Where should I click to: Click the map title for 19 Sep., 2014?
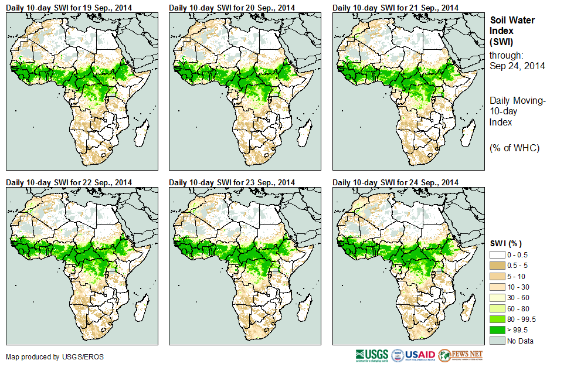[69, 7]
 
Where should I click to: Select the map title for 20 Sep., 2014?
[232, 7]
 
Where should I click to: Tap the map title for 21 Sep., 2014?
[395, 7]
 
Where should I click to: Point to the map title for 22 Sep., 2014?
[69, 182]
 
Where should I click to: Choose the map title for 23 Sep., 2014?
[232, 182]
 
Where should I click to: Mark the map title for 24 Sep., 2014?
[395, 182]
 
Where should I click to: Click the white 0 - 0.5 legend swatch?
[497, 255]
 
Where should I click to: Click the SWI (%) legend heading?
[505, 243]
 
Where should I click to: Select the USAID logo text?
[420, 355]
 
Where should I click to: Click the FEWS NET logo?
[461, 355]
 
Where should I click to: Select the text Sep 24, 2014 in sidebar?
[517, 66]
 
